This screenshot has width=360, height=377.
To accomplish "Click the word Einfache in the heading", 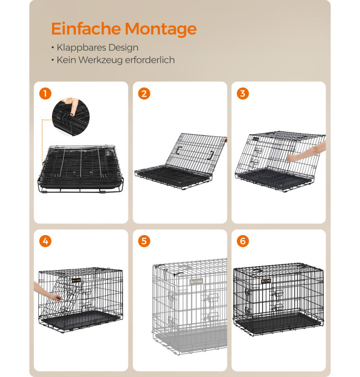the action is (86, 29).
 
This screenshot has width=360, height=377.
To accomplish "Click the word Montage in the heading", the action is (161, 29).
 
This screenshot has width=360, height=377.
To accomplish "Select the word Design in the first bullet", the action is (123, 48).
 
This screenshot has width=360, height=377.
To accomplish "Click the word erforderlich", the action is (150, 60).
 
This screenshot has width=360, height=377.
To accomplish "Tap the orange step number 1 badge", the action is (45, 94).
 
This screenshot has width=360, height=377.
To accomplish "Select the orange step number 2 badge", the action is (144, 94).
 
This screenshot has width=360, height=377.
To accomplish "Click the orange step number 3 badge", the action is (243, 94).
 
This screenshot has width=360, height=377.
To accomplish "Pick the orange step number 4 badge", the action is (45, 241).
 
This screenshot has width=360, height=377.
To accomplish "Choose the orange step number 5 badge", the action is (144, 241).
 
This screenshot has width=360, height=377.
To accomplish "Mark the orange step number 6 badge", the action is (243, 241).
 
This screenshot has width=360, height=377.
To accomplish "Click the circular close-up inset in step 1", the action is (70, 116).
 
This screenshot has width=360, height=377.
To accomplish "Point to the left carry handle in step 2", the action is (179, 150).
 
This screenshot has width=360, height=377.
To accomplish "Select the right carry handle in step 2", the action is (210, 155).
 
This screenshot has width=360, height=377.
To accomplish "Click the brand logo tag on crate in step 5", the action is (197, 282).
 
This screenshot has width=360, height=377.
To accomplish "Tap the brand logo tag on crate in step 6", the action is (266, 281).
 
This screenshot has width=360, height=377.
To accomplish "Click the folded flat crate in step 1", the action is (80, 169).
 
